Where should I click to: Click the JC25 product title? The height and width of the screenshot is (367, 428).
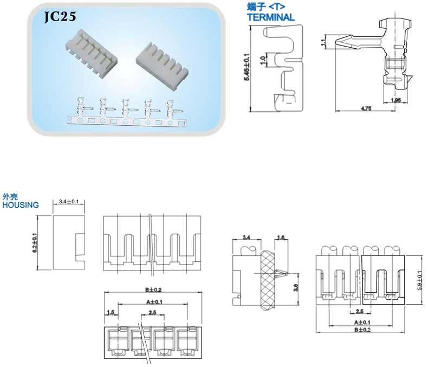coord(63,18)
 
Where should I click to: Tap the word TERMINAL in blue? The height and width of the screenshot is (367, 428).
coord(270,17)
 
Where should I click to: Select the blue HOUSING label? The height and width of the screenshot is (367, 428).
coord(21,205)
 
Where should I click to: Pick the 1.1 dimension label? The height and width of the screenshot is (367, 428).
coord(324,41)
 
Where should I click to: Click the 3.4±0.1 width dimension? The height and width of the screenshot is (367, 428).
coord(68,202)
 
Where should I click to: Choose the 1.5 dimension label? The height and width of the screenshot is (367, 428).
coord(111,313)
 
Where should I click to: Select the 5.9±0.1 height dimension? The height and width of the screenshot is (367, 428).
coord(418,280)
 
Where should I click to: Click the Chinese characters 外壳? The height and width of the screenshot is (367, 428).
coord(11,197)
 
